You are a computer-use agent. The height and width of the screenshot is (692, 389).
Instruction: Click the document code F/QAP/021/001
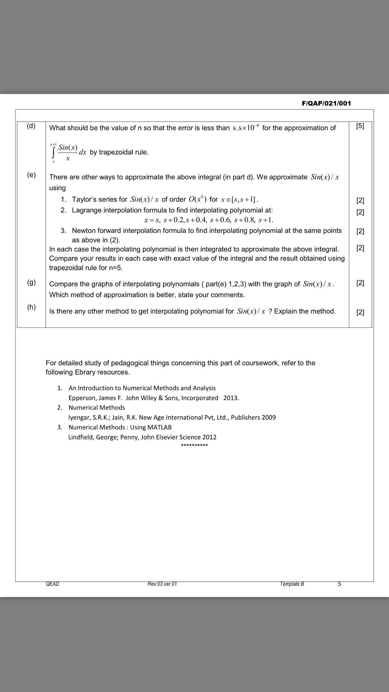(326, 103)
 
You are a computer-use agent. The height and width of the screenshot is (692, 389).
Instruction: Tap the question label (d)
(31, 126)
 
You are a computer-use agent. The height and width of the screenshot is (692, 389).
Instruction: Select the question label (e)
(31, 175)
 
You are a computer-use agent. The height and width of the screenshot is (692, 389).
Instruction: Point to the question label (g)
(31, 282)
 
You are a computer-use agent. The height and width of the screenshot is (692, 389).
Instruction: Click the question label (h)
(31, 307)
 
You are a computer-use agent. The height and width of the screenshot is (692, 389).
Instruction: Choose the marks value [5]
(360, 126)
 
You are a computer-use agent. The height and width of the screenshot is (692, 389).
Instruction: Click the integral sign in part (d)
(54, 153)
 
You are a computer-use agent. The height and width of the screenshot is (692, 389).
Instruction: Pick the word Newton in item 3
(84, 231)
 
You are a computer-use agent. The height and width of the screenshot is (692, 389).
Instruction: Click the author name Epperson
(82, 398)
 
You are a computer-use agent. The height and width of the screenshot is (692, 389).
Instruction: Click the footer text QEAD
(52, 584)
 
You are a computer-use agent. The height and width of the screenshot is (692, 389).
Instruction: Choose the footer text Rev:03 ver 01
(162, 584)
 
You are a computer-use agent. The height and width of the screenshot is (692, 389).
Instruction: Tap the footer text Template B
(292, 584)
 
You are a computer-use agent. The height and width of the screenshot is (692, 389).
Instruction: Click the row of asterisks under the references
(194, 445)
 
